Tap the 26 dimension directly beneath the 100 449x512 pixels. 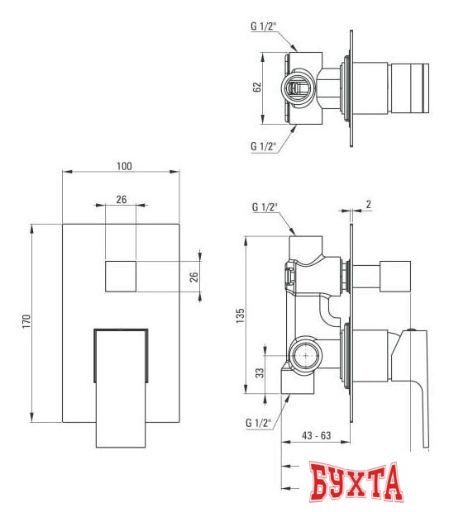[122, 199]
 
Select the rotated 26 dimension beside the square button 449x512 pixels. [196, 276]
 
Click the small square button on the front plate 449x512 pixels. [122, 276]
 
